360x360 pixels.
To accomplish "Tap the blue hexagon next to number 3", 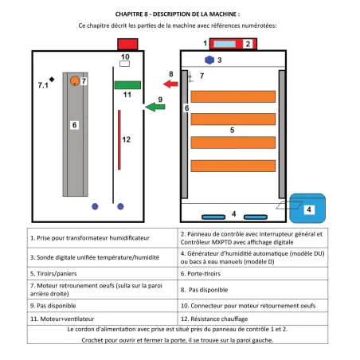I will click(209, 60).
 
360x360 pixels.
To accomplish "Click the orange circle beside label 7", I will click(74, 80).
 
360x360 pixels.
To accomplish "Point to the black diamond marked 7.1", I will click(51, 78).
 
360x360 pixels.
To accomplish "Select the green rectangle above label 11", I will click(127, 84).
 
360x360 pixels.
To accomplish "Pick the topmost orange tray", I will click(232, 96).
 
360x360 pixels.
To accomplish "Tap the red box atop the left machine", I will click(127, 43).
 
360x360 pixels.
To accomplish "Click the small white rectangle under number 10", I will click(124, 65).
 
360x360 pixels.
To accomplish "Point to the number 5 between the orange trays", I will click(232, 129).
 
